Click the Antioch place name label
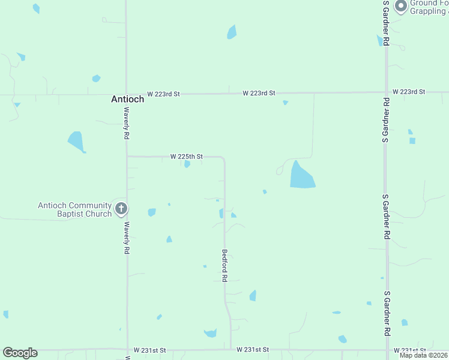tap(127, 99)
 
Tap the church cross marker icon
tap(121, 209)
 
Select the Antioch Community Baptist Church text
tap(75, 209)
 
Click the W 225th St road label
tap(186, 156)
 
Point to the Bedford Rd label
tap(224, 265)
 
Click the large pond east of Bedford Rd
tap(301, 175)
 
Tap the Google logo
tap(20, 353)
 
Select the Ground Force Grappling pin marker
tap(400, 7)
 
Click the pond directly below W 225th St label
tap(187, 164)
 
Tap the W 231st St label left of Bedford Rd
tap(149, 349)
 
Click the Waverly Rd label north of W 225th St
tap(127, 123)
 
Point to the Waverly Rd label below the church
tap(127, 238)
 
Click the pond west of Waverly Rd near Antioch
tap(76, 142)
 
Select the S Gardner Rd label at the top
tap(387, 22)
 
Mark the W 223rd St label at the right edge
tap(409, 92)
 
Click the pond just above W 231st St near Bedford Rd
tap(210, 333)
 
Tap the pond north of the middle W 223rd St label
tap(232, 32)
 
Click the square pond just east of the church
tap(152, 212)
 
